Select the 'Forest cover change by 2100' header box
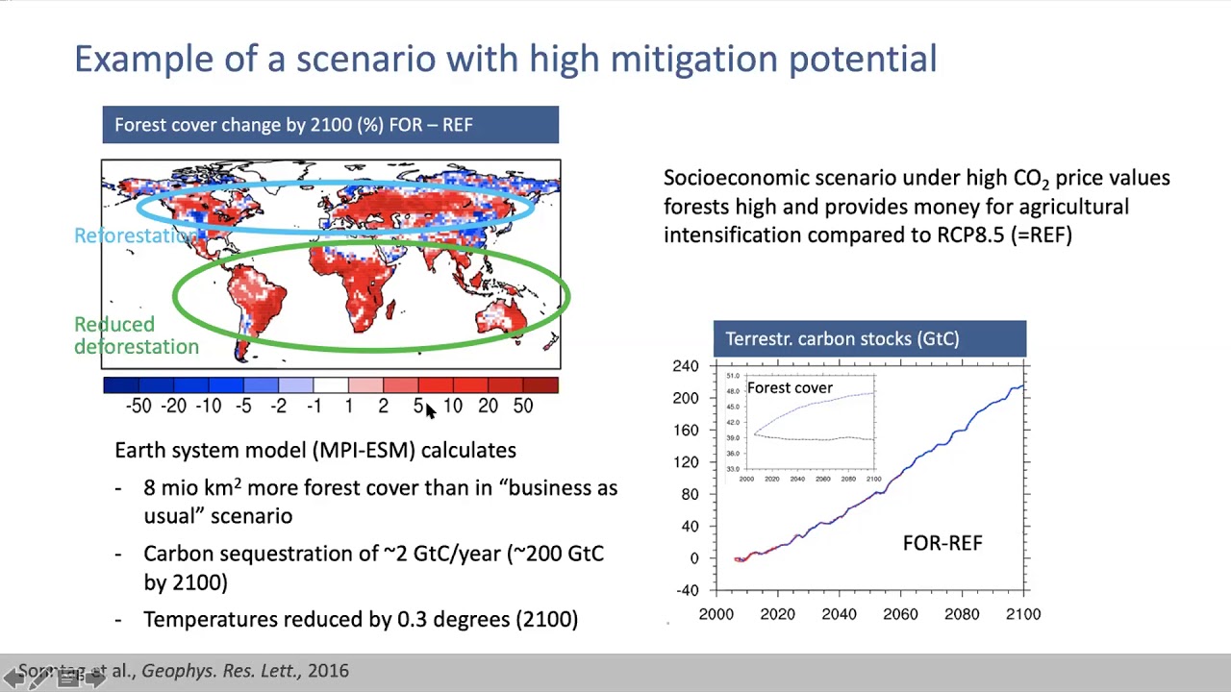(x=330, y=125)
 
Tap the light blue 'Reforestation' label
(x=135, y=236)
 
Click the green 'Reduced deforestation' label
(x=136, y=335)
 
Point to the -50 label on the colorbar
(x=138, y=407)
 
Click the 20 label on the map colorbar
(x=488, y=407)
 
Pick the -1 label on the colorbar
(x=314, y=407)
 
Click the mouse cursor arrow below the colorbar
(x=430, y=410)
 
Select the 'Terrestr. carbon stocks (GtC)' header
(x=869, y=338)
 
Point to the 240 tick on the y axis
(x=686, y=366)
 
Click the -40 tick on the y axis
(x=686, y=590)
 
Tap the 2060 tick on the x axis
(x=900, y=614)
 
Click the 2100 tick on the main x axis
(x=1022, y=614)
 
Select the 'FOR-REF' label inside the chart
(x=942, y=544)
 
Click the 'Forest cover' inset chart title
(x=790, y=388)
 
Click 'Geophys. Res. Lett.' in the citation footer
(x=220, y=671)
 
